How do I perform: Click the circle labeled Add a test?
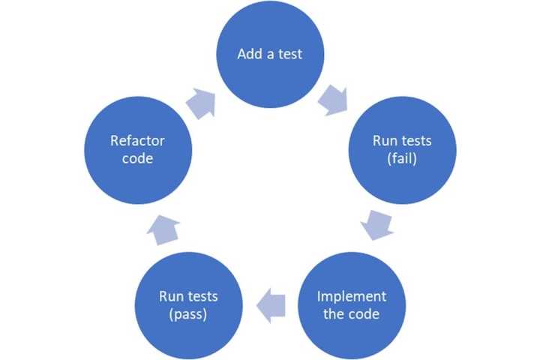(270, 54)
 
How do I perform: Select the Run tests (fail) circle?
(402, 149)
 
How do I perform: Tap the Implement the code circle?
(352, 304)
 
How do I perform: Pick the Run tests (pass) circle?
(188, 304)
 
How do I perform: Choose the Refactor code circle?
(137, 149)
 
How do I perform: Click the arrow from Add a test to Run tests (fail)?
(333, 100)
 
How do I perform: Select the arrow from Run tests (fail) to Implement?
(377, 224)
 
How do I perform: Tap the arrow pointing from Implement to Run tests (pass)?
(271, 304)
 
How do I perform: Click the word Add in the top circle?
(249, 54)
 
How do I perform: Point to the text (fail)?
(402, 158)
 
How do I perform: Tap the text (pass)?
(188, 313)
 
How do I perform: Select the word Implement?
(352, 295)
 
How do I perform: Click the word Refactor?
(137, 140)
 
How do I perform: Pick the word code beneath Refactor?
(137, 158)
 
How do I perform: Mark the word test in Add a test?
(289, 54)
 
